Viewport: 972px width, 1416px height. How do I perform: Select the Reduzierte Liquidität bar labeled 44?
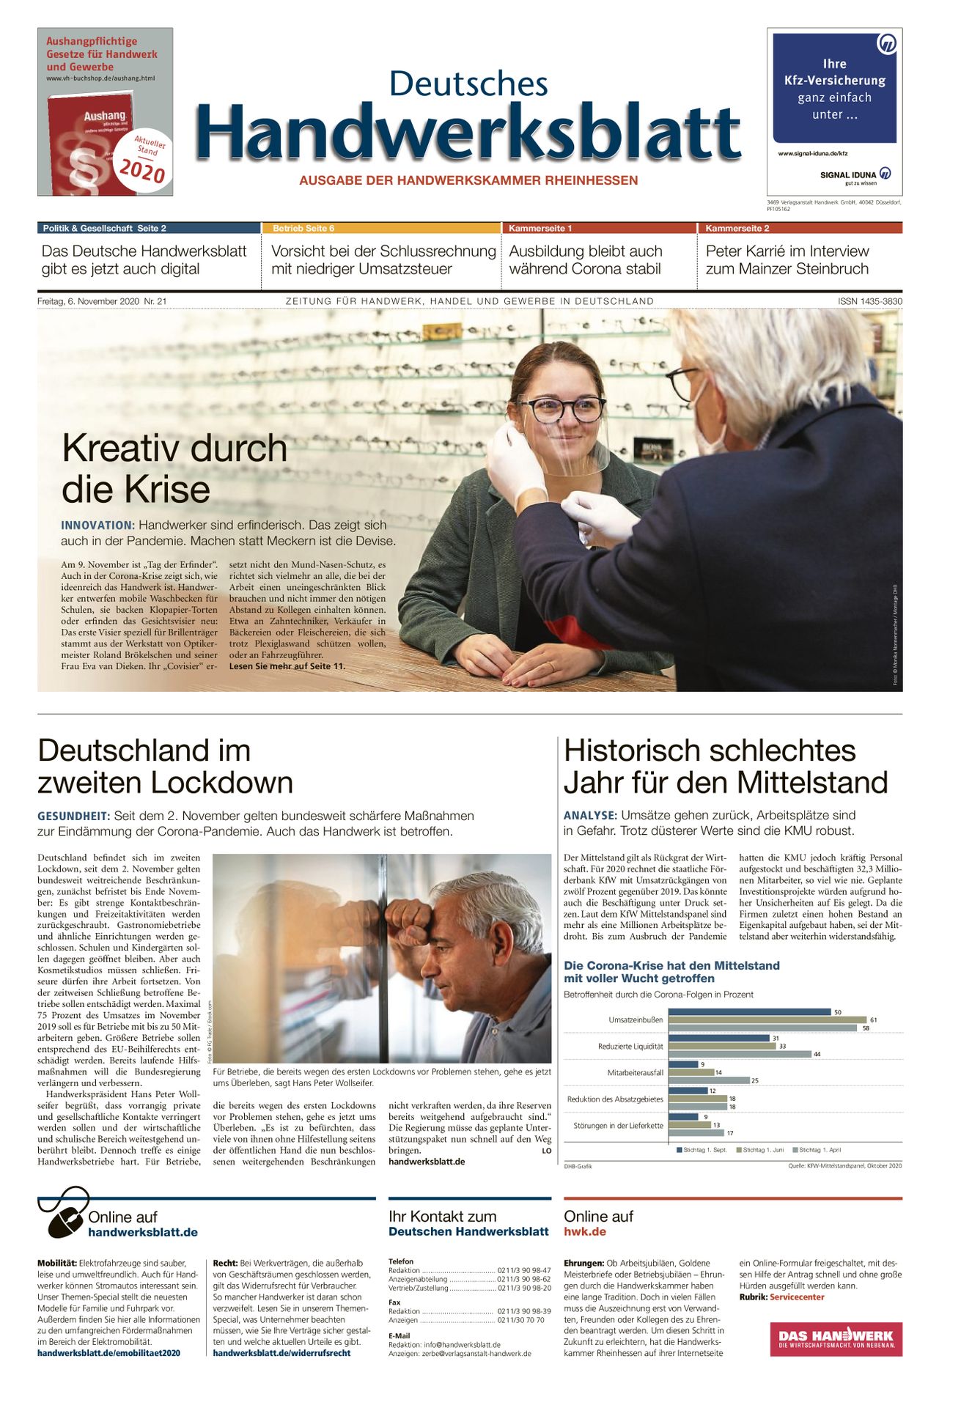tap(740, 1054)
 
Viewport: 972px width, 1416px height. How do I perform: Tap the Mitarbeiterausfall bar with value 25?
tap(709, 1080)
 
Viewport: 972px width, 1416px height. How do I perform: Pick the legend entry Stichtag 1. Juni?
tap(763, 1150)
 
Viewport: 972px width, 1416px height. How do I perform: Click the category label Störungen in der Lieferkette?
tap(618, 1125)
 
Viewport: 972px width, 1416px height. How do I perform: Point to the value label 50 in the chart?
tap(838, 1012)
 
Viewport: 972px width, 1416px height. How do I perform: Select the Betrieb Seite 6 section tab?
tap(303, 229)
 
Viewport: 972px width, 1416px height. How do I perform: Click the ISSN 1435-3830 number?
tap(870, 301)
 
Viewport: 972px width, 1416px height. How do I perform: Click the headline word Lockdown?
tap(229, 783)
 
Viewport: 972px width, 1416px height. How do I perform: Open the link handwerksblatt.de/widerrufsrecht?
tap(281, 1353)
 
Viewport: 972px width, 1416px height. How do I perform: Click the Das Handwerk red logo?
tap(836, 1339)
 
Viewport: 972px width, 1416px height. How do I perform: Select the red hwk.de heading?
tap(584, 1231)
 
